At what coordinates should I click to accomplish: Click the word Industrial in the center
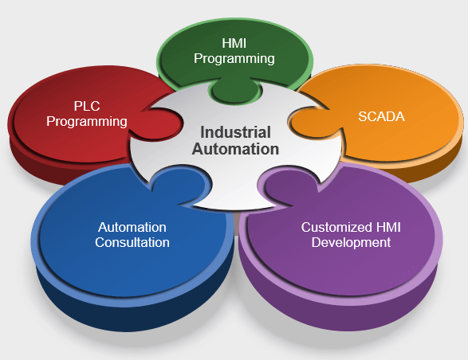click(235, 132)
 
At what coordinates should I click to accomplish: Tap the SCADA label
click(381, 116)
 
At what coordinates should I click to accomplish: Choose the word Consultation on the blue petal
click(132, 242)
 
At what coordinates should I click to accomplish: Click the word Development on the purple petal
click(352, 242)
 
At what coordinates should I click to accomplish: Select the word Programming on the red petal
click(87, 121)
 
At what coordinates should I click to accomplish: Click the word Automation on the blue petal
click(132, 227)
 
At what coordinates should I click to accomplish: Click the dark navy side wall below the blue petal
click(96, 307)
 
